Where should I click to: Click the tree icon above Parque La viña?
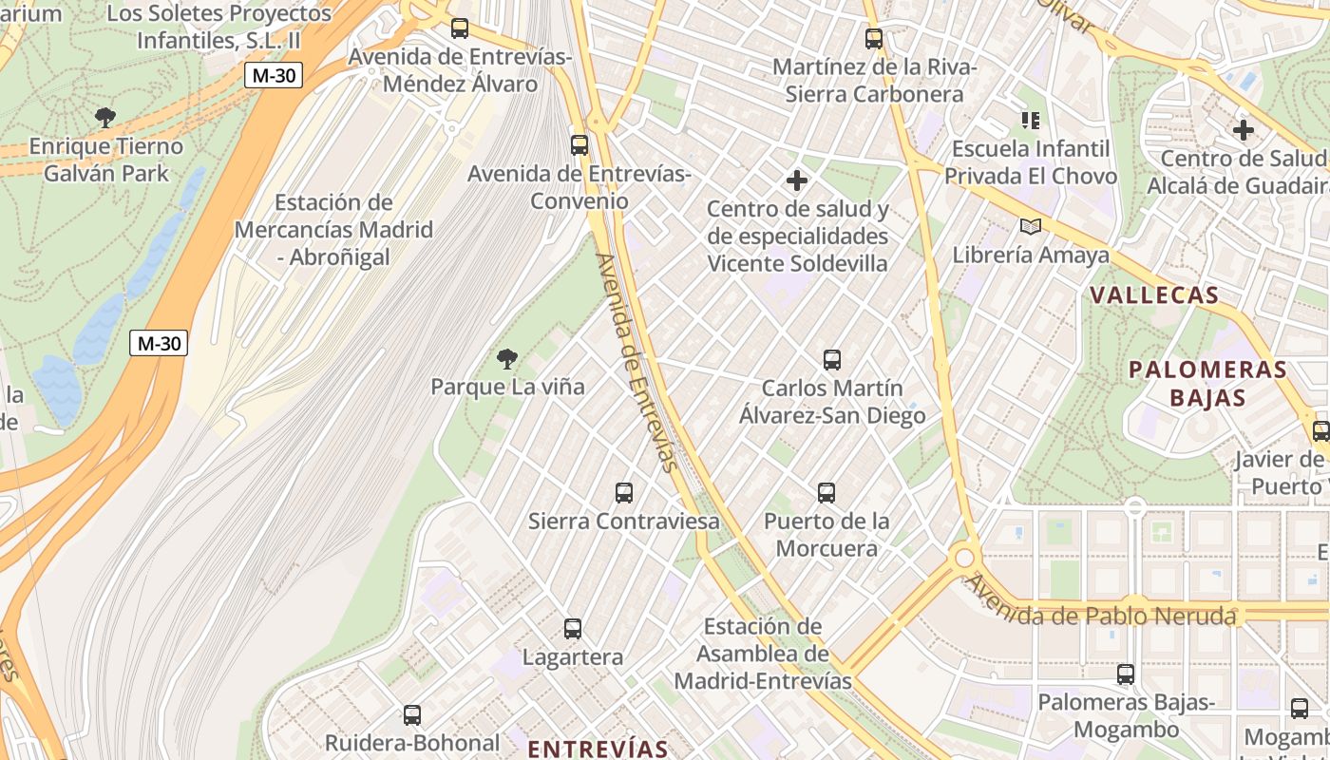point(507,358)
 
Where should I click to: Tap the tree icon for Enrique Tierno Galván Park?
point(105,118)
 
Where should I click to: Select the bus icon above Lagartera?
point(572,628)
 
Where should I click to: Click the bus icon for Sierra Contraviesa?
point(623,492)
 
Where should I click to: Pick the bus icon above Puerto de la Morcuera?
point(826,492)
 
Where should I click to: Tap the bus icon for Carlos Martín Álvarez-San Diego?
point(832,359)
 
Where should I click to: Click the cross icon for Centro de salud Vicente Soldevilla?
point(797,180)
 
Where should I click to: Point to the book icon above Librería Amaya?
point(1030,226)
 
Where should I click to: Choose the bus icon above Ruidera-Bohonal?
point(412,714)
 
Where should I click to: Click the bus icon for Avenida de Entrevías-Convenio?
point(579,144)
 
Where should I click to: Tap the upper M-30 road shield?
point(274,75)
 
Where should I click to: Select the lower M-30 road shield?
point(159,343)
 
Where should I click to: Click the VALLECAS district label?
point(1154,294)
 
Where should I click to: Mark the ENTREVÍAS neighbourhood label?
point(598,748)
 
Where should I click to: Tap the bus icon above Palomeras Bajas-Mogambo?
point(1125,674)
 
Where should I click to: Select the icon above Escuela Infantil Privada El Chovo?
point(1030,120)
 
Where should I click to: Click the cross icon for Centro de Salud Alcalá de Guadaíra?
point(1243,129)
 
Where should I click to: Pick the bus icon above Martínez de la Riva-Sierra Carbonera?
point(873,39)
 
